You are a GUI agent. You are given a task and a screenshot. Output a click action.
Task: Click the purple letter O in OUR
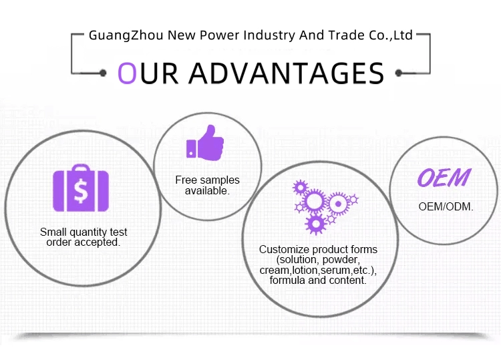point(128,73)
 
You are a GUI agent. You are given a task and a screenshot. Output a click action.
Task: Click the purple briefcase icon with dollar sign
point(81,188)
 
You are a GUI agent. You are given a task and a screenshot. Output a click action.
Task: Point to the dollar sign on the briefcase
point(81,191)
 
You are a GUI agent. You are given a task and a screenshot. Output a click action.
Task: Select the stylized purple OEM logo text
point(444,178)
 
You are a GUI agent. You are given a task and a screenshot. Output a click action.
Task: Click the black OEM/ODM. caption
point(446,206)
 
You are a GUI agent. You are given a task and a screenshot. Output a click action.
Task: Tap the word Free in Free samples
point(186,180)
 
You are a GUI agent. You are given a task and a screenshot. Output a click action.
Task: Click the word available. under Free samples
point(207,190)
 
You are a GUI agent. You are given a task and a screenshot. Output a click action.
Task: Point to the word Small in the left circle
point(53,232)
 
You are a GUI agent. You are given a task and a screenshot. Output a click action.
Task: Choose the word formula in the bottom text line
point(287,281)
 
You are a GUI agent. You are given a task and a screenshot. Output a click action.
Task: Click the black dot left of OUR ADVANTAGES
point(102,72)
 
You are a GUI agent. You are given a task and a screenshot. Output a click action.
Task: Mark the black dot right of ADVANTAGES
point(399,72)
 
